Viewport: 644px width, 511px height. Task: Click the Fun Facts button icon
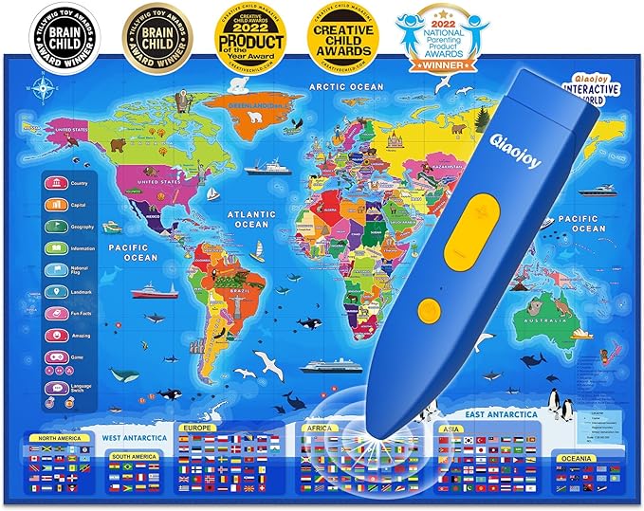point(72,315)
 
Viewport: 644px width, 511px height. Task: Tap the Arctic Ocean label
point(346,86)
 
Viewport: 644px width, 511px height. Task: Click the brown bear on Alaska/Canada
point(119,145)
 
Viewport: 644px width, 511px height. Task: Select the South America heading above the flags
point(134,457)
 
